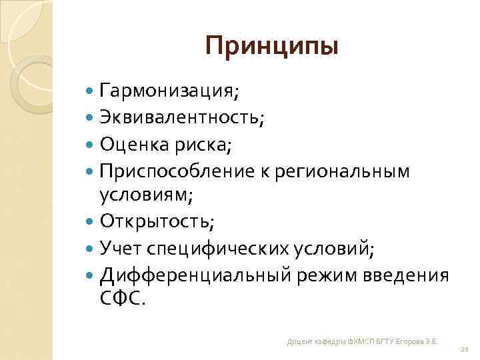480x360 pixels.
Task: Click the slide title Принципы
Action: [x=272, y=47]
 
